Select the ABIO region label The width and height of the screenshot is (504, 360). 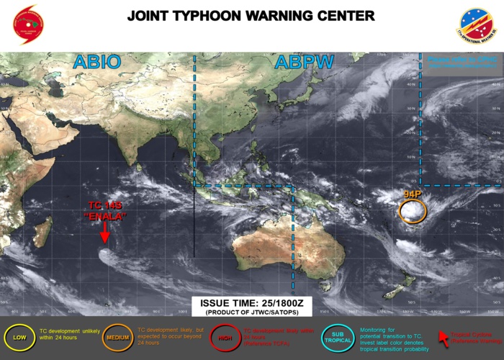(96, 63)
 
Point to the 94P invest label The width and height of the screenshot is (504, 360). (413, 195)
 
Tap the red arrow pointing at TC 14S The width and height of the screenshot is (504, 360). (104, 233)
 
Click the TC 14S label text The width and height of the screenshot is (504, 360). (104, 206)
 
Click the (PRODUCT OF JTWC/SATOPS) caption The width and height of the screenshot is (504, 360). (247, 314)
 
